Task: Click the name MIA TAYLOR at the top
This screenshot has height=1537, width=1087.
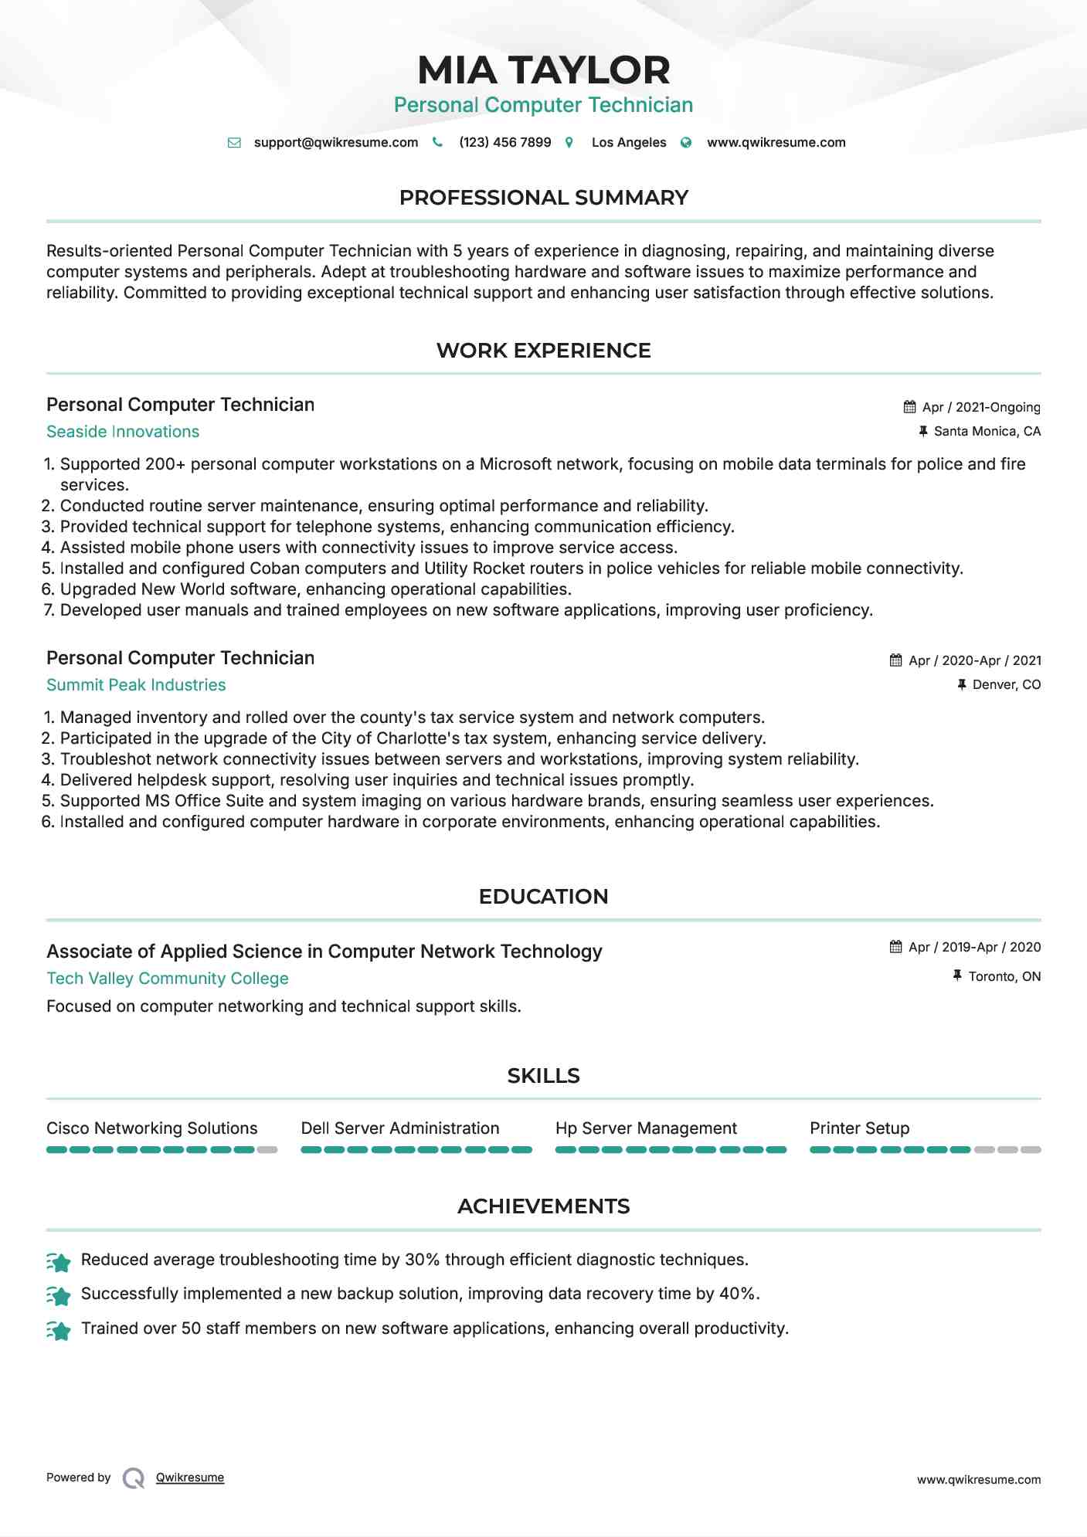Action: coord(543,70)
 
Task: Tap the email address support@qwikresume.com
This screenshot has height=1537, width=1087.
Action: coord(335,142)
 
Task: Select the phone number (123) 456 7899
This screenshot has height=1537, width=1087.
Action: coord(504,142)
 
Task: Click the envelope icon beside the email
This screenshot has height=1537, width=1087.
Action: coord(234,143)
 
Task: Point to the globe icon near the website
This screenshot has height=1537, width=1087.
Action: coord(686,143)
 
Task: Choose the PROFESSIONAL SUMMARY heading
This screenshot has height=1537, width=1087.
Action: coord(543,198)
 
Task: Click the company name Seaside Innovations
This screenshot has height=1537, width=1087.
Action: coord(123,432)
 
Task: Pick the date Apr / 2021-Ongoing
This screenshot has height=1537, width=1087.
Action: coord(981,407)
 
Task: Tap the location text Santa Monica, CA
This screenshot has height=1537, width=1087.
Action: coord(987,431)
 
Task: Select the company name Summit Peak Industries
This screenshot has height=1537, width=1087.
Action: coord(136,685)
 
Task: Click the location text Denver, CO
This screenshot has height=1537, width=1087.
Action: coord(1006,684)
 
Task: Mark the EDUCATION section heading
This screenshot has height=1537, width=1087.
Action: coord(543,897)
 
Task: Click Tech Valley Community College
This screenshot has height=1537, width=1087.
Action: coord(168,979)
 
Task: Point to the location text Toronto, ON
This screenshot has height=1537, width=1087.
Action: coord(1004,976)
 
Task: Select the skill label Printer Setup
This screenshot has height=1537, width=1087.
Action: coord(859,1128)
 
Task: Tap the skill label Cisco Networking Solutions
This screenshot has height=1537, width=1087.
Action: coord(152,1128)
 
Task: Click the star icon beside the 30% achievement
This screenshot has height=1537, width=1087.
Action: coord(59,1262)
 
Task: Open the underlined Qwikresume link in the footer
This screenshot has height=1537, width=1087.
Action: coord(190,1478)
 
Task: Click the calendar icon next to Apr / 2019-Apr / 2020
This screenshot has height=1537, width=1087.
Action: coord(895,947)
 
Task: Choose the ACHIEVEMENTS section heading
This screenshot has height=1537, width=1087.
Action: coord(543,1206)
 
